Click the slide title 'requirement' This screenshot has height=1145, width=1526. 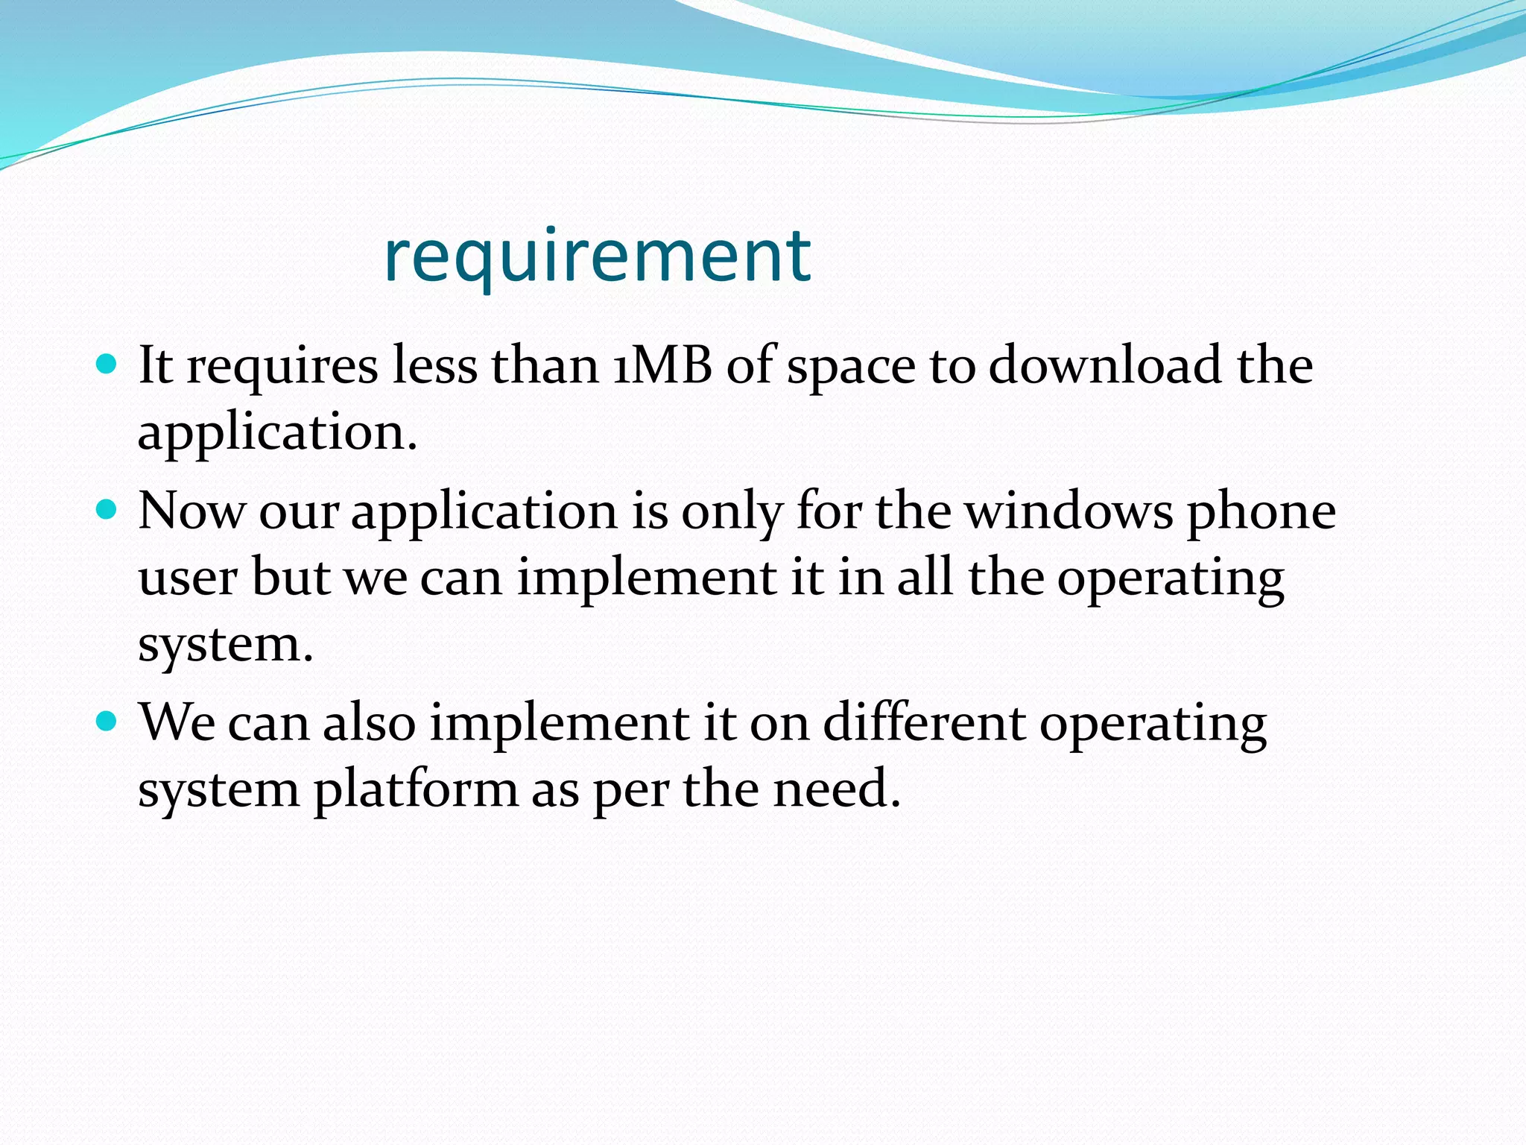597,257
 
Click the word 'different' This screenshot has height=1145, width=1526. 924,722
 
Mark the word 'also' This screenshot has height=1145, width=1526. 369,722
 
